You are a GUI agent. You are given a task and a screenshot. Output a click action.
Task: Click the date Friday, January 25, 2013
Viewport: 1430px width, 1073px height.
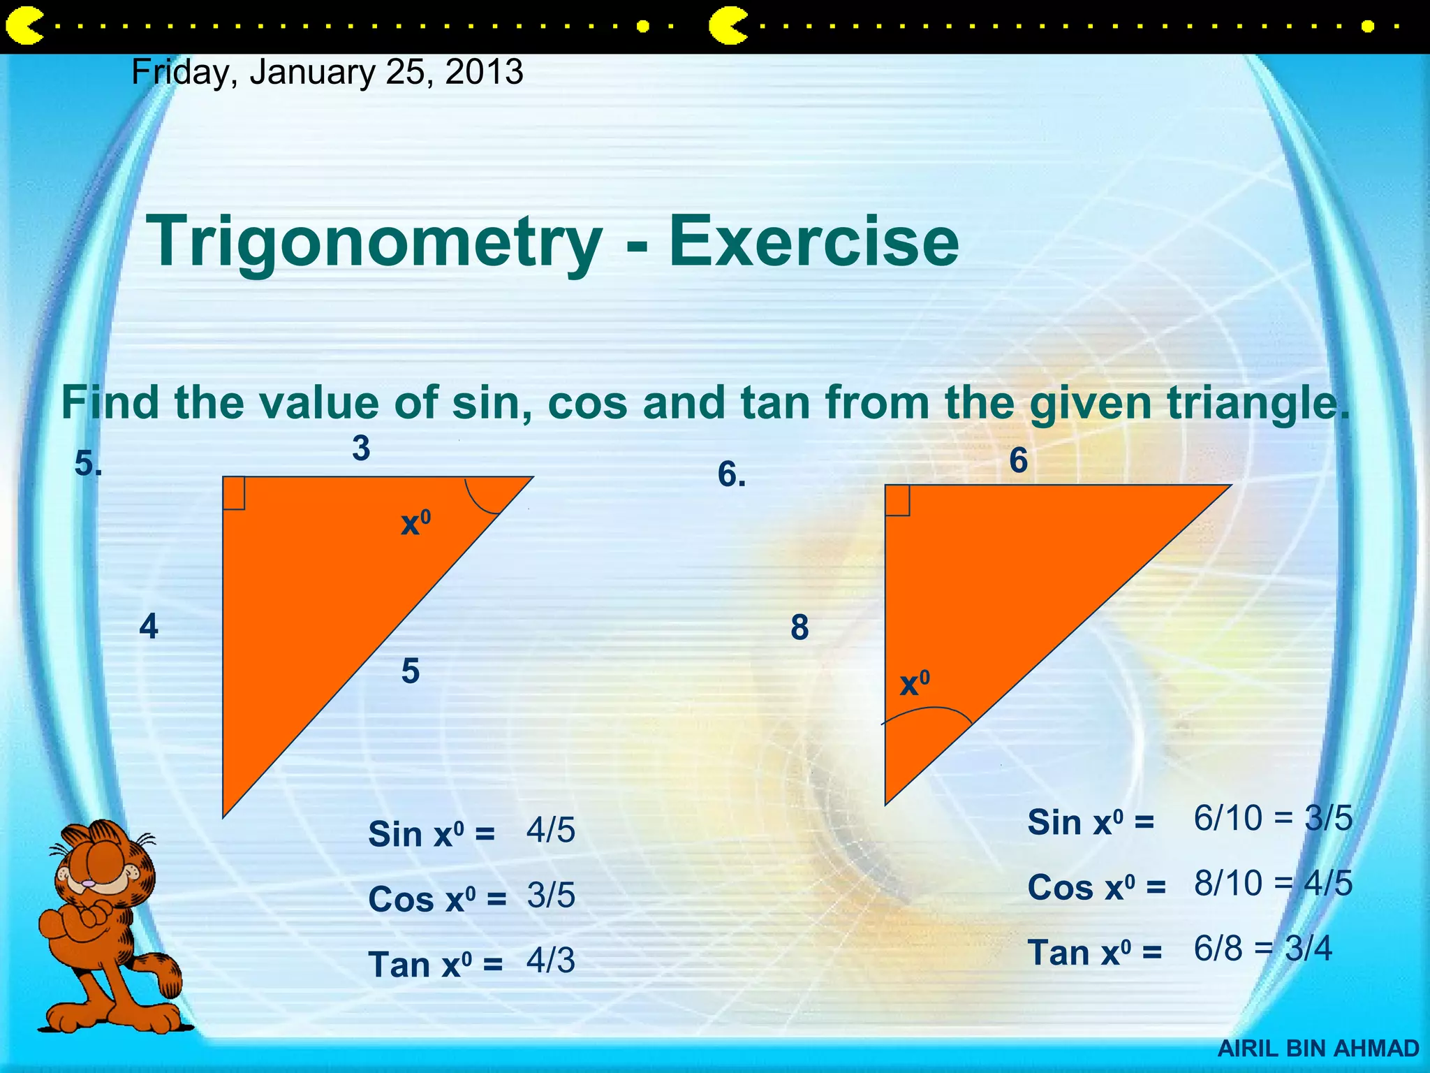click(x=327, y=73)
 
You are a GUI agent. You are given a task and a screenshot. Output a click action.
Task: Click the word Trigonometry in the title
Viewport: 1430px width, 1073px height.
click(x=374, y=241)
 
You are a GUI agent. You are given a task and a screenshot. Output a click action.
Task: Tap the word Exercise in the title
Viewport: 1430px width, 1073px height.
click(x=813, y=241)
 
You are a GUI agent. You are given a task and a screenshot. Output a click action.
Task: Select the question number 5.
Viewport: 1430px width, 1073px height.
click(x=88, y=464)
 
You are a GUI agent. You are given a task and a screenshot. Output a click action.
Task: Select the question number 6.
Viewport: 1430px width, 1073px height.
click(x=732, y=476)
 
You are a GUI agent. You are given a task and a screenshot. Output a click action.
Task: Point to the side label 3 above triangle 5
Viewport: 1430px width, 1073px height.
click(x=361, y=448)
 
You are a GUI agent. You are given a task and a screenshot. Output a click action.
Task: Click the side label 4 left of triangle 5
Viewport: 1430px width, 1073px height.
click(x=149, y=627)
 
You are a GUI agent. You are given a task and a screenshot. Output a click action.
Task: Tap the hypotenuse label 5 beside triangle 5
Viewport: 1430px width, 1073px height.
click(x=411, y=671)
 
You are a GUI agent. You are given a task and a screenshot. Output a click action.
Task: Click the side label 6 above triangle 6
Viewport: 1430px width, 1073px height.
click(x=1019, y=461)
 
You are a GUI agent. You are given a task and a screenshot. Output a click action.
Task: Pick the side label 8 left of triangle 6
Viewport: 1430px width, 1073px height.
click(x=800, y=627)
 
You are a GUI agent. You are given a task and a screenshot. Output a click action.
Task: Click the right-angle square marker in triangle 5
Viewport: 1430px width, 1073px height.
click(x=234, y=493)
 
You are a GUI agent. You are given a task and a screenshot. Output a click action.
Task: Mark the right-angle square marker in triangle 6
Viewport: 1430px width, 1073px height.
click(x=897, y=501)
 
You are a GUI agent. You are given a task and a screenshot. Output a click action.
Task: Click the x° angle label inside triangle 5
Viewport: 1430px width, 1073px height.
click(x=415, y=523)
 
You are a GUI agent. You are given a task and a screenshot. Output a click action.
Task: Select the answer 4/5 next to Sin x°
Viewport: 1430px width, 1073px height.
click(x=551, y=831)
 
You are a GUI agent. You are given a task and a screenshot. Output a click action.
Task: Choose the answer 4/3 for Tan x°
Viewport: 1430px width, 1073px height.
click(x=551, y=961)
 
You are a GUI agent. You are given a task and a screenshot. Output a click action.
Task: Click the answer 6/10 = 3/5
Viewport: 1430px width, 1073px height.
click(x=1273, y=818)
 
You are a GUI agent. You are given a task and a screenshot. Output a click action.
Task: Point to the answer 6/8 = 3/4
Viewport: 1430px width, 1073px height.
click(x=1262, y=949)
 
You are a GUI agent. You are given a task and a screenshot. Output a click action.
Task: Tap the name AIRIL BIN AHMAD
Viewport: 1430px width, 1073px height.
click(x=1318, y=1049)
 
